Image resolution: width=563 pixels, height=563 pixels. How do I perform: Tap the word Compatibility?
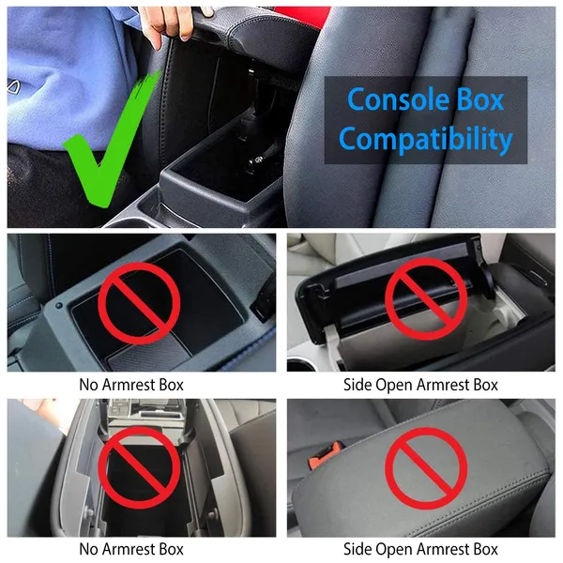[x=426, y=140]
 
